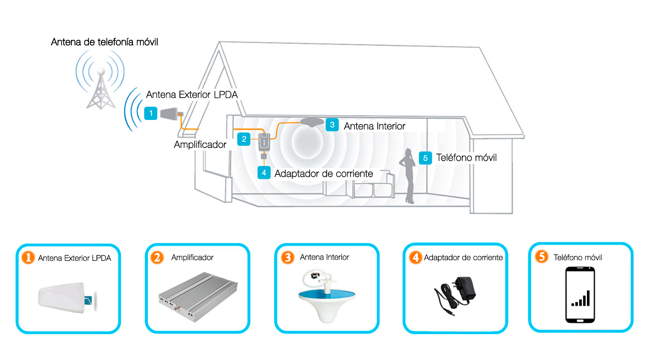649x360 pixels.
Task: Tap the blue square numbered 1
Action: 150,113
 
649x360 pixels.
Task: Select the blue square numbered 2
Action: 244,139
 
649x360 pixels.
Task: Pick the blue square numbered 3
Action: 332,125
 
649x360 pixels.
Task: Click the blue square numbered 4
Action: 264,173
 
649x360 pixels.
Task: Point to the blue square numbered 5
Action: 425,158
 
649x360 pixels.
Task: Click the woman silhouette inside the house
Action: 408,176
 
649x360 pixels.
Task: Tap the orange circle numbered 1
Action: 28,258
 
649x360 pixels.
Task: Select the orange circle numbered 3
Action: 288,258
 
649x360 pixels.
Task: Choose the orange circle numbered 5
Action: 541,257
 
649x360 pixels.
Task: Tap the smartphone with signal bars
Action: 580,295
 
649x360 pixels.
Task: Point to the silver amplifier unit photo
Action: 198,297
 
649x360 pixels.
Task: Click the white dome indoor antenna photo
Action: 326,296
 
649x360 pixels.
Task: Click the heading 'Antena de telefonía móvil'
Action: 104,42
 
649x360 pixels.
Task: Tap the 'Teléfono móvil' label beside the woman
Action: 466,158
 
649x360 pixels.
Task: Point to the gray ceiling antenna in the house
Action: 312,122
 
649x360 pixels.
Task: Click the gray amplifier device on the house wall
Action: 264,142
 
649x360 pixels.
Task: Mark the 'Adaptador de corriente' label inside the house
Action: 324,174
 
